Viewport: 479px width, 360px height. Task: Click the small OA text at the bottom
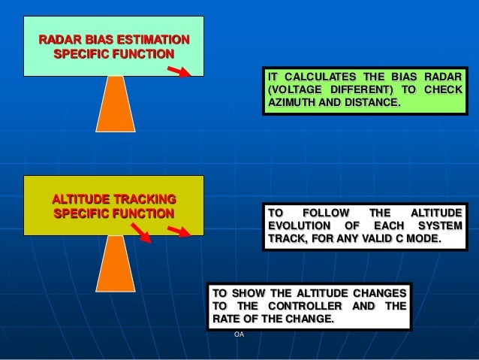point(239,334)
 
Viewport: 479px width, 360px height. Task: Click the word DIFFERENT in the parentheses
point(364,89)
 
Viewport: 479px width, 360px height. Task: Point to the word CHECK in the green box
point(443,89)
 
